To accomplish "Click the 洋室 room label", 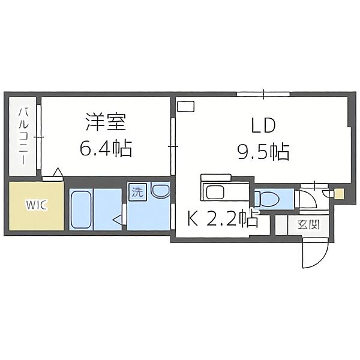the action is coord(106,122).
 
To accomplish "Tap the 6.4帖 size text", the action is coord(106,148).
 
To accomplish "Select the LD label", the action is coord(263,125).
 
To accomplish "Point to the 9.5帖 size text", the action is coord(263,152).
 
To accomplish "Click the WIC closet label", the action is coord(37,205).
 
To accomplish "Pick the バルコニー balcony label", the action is coord(23,137).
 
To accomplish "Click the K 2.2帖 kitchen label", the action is coord(223,218).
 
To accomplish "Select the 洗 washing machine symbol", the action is coord(137,192).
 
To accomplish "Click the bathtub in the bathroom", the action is coord(81,210).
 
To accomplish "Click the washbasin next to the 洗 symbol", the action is coord(160,191).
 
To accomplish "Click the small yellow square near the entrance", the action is coord(339,194).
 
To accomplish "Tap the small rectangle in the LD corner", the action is coord(186,106).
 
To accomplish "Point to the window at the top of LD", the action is coord(263,94).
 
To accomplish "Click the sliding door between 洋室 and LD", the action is coord(173,146).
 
